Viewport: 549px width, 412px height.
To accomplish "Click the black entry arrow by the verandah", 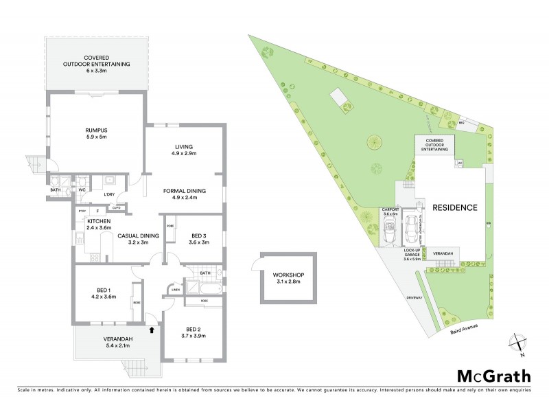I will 151,330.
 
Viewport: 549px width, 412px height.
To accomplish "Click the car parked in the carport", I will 388,233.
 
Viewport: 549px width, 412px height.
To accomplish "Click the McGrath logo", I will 493,376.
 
